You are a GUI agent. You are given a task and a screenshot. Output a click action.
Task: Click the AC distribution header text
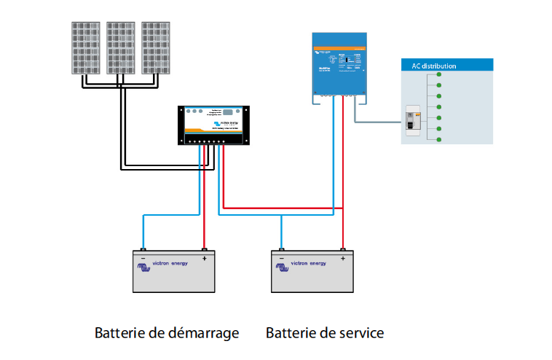434,66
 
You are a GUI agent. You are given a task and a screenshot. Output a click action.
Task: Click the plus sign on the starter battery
205,258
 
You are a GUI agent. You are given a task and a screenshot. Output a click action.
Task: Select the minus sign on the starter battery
143,258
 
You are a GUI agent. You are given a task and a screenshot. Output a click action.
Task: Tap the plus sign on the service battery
342,258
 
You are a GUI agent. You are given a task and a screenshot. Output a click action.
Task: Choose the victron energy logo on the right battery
304,264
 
